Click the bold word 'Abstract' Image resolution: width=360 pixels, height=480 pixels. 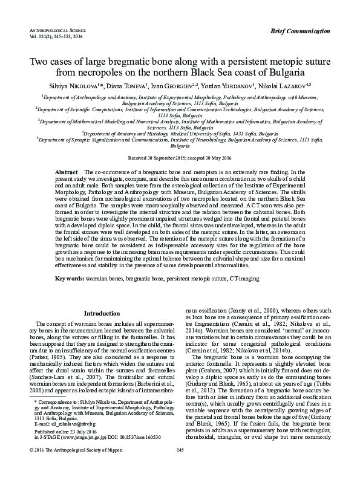(67, 173)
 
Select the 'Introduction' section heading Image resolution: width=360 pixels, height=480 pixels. (102, 314)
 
